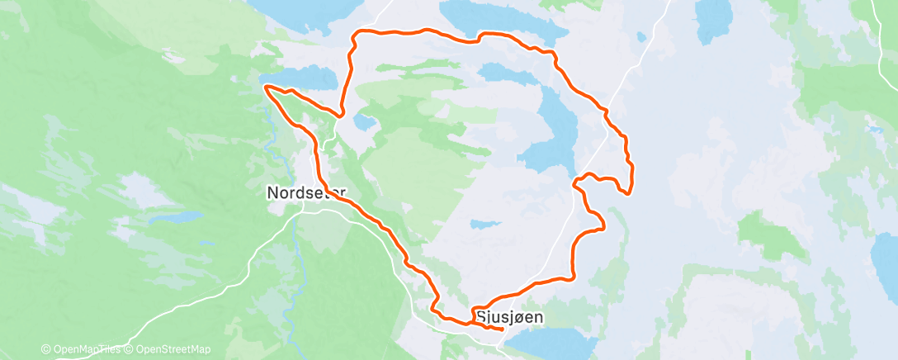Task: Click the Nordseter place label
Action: click(306, 192)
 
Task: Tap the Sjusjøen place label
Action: click(509, 315)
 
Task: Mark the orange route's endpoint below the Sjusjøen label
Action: click(503, 329)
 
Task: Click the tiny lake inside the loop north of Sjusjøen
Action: click(484, 223)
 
